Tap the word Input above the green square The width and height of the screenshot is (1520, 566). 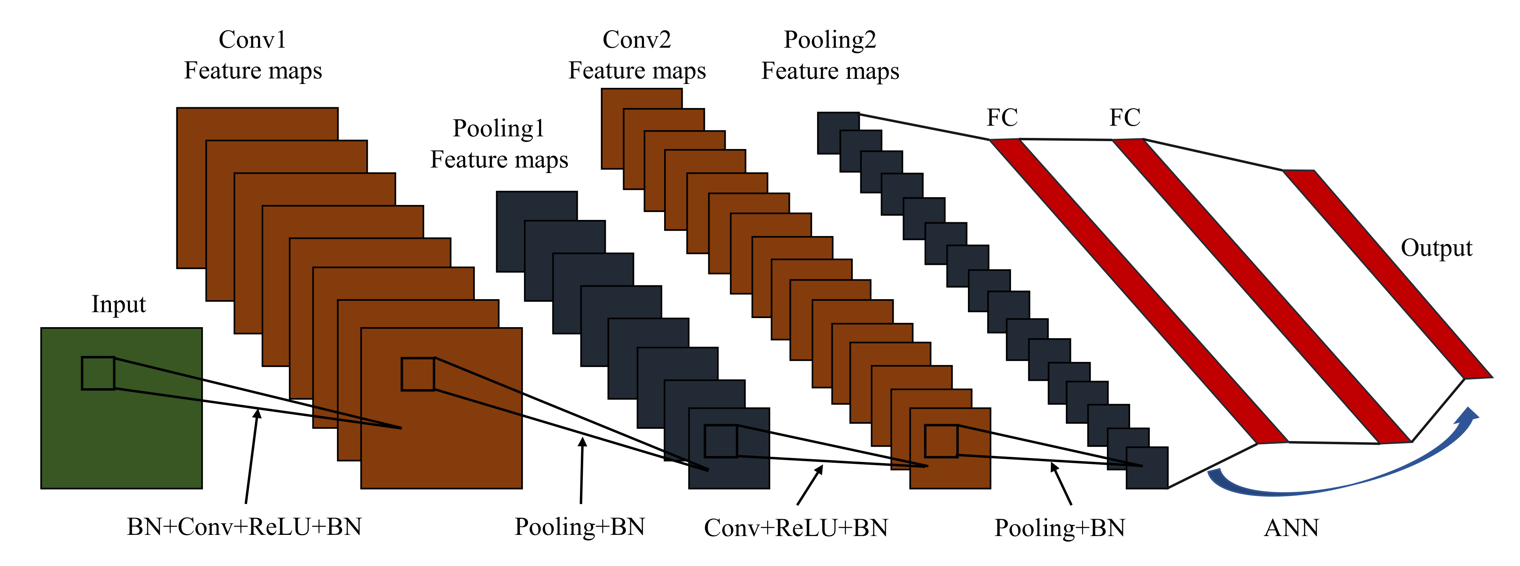pyautogui.click(x=119, y=304)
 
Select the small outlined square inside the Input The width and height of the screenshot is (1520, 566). pyautogui.click(x=98, y=373)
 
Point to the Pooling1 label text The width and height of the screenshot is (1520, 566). pyautogui.click(x=499, y=128)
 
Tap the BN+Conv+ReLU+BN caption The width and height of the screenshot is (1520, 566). pyautogui.click(x=244, y=527)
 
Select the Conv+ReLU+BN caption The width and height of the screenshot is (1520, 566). pyautogui.click(x=796, y=528)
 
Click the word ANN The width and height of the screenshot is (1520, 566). pyautogui.click(x=1291, y=528)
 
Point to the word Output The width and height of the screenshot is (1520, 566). pyautogui.click(x=1436, y=248)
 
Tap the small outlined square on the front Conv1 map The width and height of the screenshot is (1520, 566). pyautogui.click(x=418, y=374)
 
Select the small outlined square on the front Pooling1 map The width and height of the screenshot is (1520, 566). pyautogui.click(x=721, y=441)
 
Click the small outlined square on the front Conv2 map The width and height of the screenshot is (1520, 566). pyautogui.click(x=941, y=441)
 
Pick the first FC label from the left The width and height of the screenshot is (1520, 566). pyautogui.click(x=1002, y=117)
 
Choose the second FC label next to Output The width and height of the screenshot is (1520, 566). pyautogui.click(x=1125, y=117)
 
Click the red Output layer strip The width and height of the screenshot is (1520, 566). pyautogui.click(x=1387, y=274)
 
